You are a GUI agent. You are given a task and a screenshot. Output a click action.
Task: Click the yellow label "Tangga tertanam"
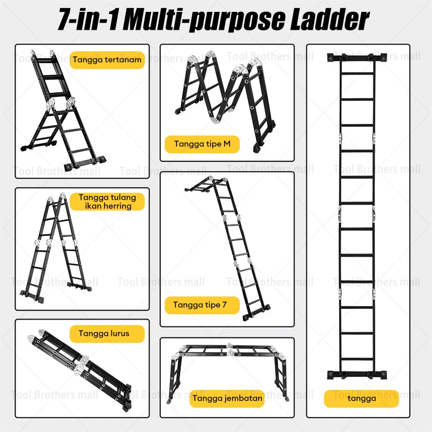pyautogui.click(x=107, y=60)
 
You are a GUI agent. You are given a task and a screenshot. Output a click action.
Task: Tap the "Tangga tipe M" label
pyautogui.click(x=202, y=144)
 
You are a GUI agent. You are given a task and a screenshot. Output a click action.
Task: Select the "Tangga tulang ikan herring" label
pyautogui.click(x=107, y=201)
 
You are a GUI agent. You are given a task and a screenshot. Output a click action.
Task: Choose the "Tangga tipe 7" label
pyautogui.click(x=202, y=305)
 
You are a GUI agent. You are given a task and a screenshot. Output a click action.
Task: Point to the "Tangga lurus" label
pyautogui.click(x=107, y=334)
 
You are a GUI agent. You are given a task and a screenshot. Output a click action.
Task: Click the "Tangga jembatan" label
pyautogui.click(x=227, y=399)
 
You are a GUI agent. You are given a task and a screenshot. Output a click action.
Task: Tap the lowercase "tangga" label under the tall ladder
pyautogui.click(x=361, y=399)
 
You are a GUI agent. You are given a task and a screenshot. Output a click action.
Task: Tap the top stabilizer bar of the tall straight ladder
pyautogui.click(x=357, y=58)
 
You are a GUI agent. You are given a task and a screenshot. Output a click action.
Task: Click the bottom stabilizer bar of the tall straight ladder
pyautogui.click(x=357, y=375)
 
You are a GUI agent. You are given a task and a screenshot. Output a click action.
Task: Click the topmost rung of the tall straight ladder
pyautogui.click(x=357, y=73)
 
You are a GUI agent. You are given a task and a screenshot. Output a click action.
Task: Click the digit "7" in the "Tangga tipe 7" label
pyautogui.click(x=225, y=305)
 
